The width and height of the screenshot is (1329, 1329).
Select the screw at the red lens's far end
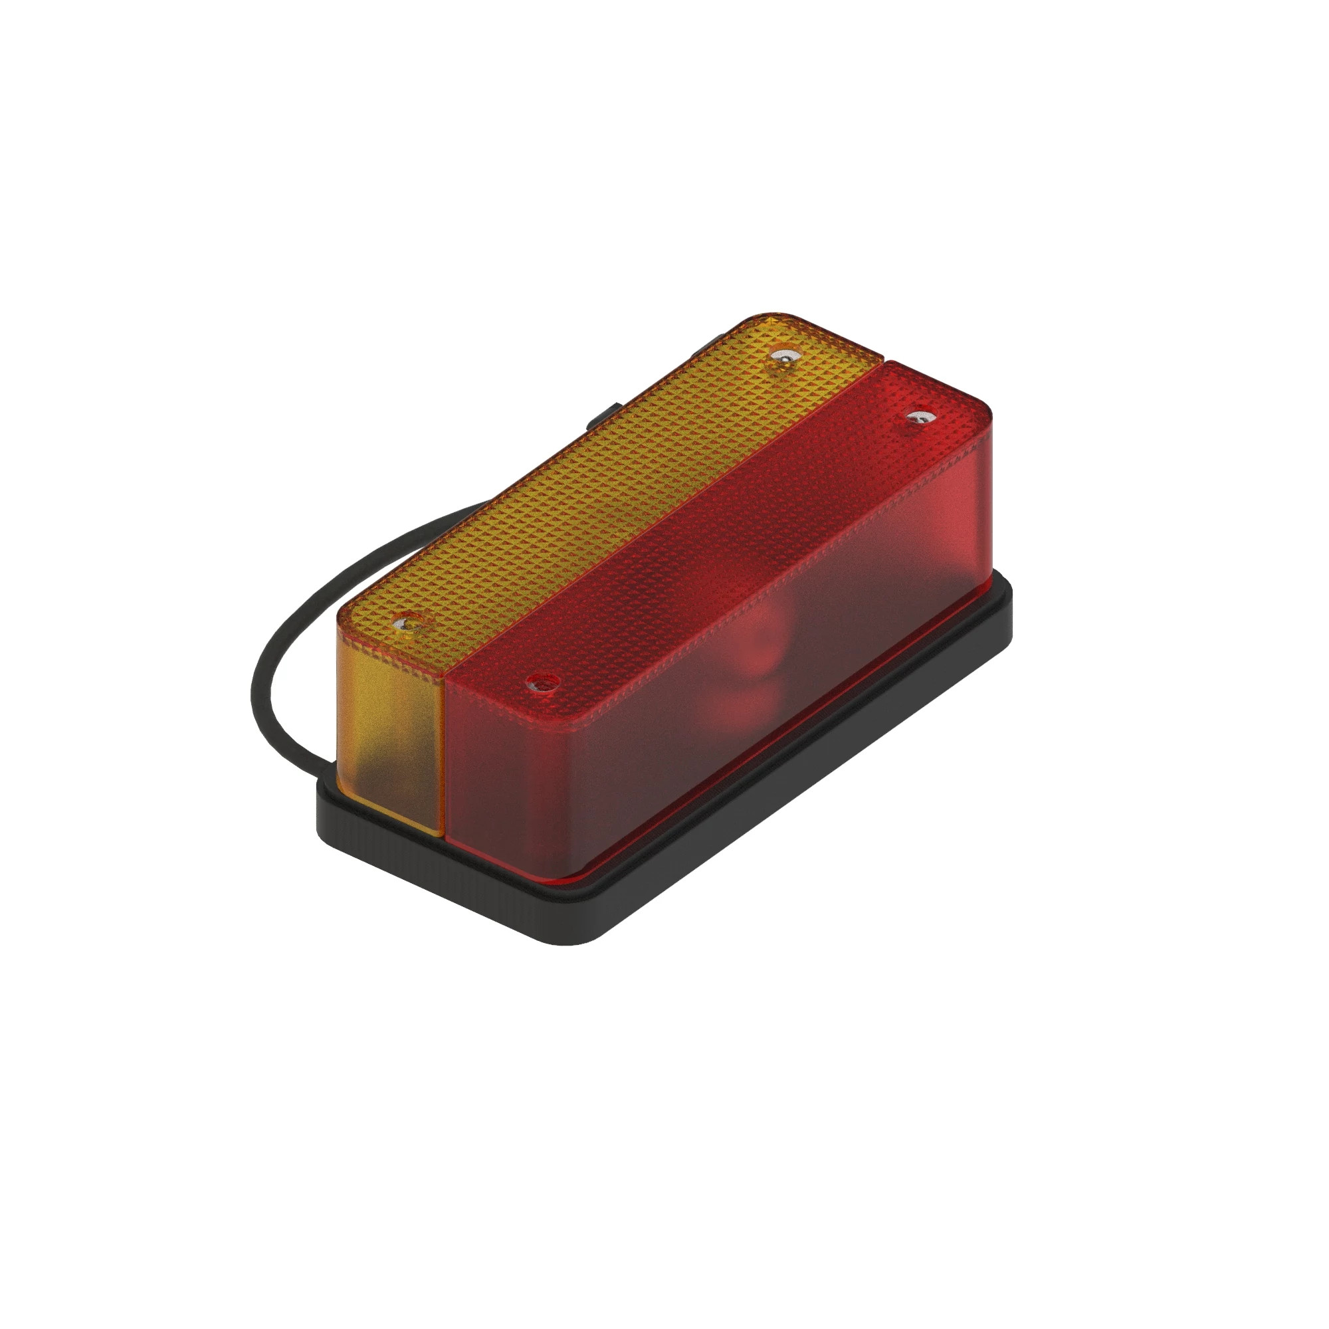(918, 417)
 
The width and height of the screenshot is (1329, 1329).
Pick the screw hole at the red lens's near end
(542, 683)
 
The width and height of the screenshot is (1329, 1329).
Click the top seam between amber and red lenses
(661, 523)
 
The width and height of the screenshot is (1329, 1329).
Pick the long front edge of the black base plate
(791, 798)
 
